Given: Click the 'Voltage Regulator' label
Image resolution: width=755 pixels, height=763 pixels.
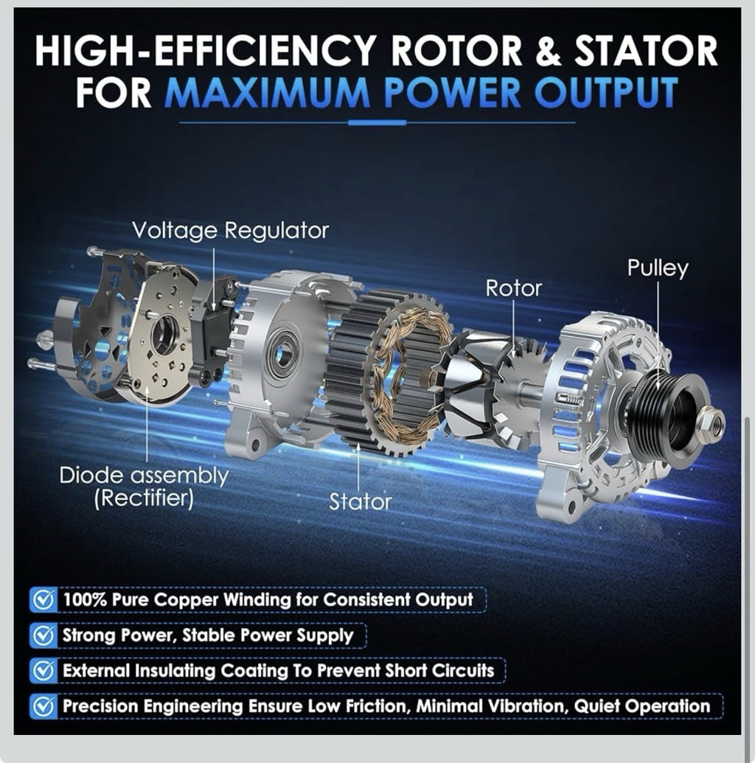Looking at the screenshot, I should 230,231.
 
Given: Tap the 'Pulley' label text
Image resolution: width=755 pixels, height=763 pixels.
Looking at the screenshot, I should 657,268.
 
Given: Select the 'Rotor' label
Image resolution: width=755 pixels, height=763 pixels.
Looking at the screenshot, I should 513,288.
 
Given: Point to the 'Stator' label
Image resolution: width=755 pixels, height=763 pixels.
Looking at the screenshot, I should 360,502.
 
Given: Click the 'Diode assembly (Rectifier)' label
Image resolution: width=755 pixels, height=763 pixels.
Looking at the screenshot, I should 144,487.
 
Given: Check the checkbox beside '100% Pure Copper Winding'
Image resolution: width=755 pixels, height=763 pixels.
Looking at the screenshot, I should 44,599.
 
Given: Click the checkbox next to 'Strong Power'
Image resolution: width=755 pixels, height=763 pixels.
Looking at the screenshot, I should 44,635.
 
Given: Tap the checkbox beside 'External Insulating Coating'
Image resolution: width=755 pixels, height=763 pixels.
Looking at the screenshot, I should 44,671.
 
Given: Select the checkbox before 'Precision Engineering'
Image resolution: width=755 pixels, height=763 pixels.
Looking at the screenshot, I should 44,706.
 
